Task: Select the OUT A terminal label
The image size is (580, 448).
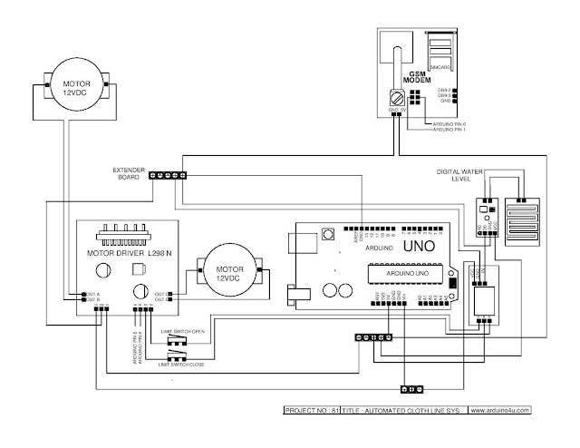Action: (92, 293)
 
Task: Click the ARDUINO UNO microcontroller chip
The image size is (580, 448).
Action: (400, 273)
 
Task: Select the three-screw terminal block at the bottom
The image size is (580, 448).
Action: (413, 389)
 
